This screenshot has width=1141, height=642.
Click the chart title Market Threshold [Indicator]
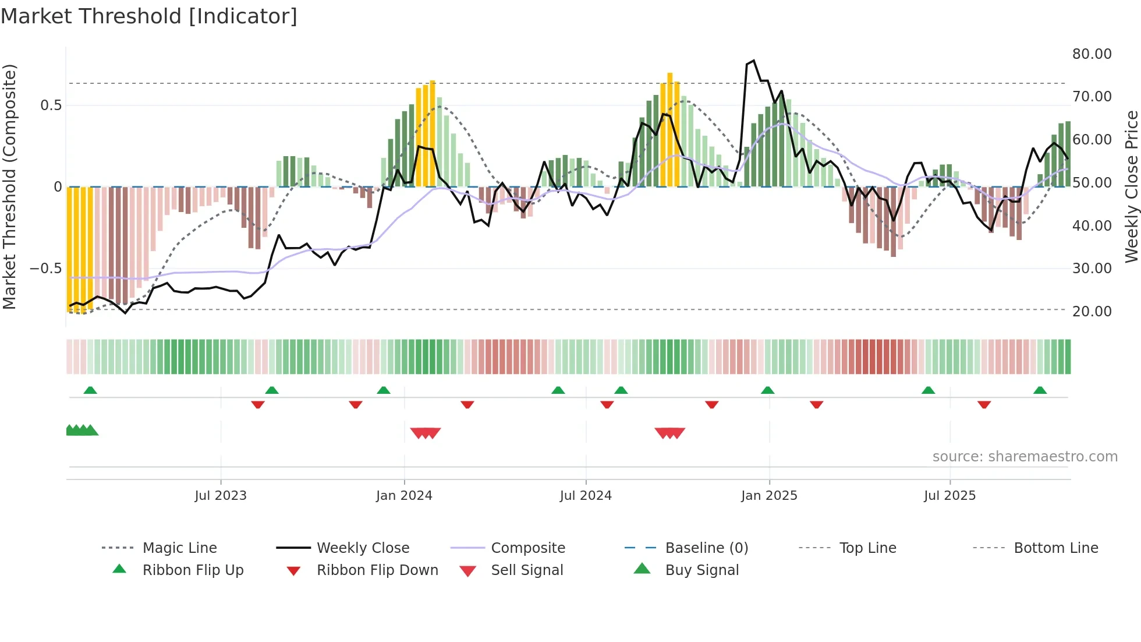click(x=149, y=16)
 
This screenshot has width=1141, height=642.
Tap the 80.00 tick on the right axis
click(x=1092, y=54)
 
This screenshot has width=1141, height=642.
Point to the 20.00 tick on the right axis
click(x=1092, y=312)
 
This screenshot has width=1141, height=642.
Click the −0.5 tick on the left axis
click(x=45, y=269)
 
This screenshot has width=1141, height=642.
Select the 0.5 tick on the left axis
click(x=51, y=105)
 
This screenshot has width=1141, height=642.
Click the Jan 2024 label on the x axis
click(x=404, y=496)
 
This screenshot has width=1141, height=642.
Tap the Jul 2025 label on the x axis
click(x=949, y=496)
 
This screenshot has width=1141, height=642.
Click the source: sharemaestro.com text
click(x=1025, y=457)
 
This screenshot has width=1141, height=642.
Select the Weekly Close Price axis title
click(x=1131, y=186)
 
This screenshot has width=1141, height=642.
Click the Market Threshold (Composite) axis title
click(x=9, y=186)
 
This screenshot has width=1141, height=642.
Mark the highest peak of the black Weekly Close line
click(x=754, y=61)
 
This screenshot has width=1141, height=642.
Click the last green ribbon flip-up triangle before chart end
click(x=1040, y=390)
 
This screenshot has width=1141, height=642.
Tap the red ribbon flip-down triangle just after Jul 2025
click(x=984, y=405)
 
